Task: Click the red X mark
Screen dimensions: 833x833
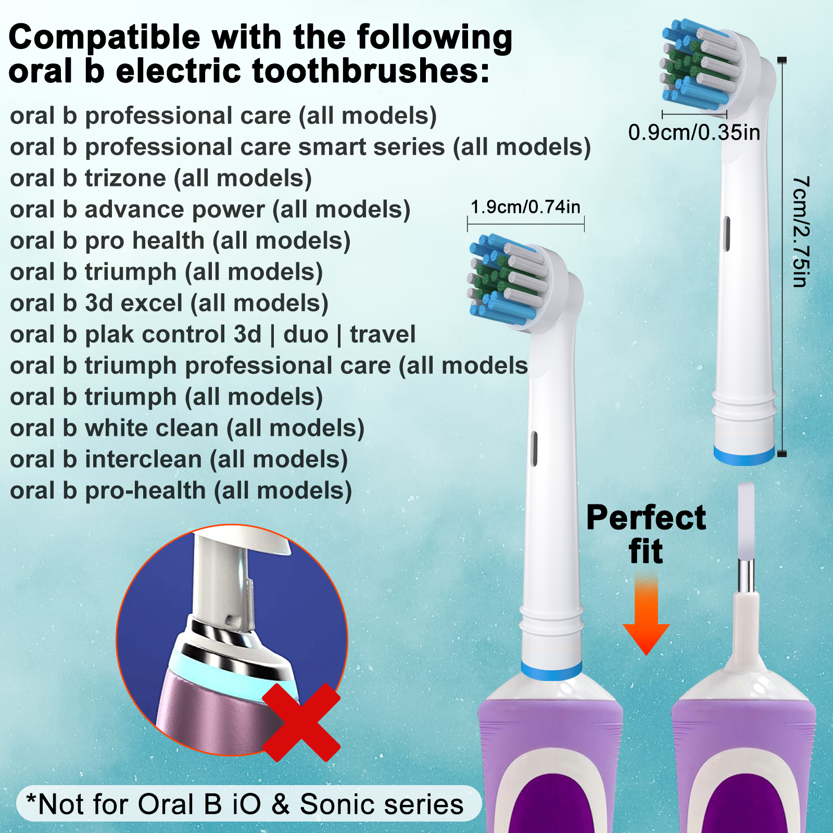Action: (301, 723)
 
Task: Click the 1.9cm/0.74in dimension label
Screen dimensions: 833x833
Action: (525, 207)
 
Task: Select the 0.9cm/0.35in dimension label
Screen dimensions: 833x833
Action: (694, 132)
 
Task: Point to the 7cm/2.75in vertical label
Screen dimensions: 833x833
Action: (801, 232)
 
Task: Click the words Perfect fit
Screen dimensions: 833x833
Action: (646, 534)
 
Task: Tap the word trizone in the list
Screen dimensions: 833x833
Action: (125, 178)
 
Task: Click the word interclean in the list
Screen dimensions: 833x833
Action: (143, 459)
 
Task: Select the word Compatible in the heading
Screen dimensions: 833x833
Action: (105, 38)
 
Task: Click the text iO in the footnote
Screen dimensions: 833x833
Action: (246, 804)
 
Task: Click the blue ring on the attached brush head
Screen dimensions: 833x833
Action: (551, 671)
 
